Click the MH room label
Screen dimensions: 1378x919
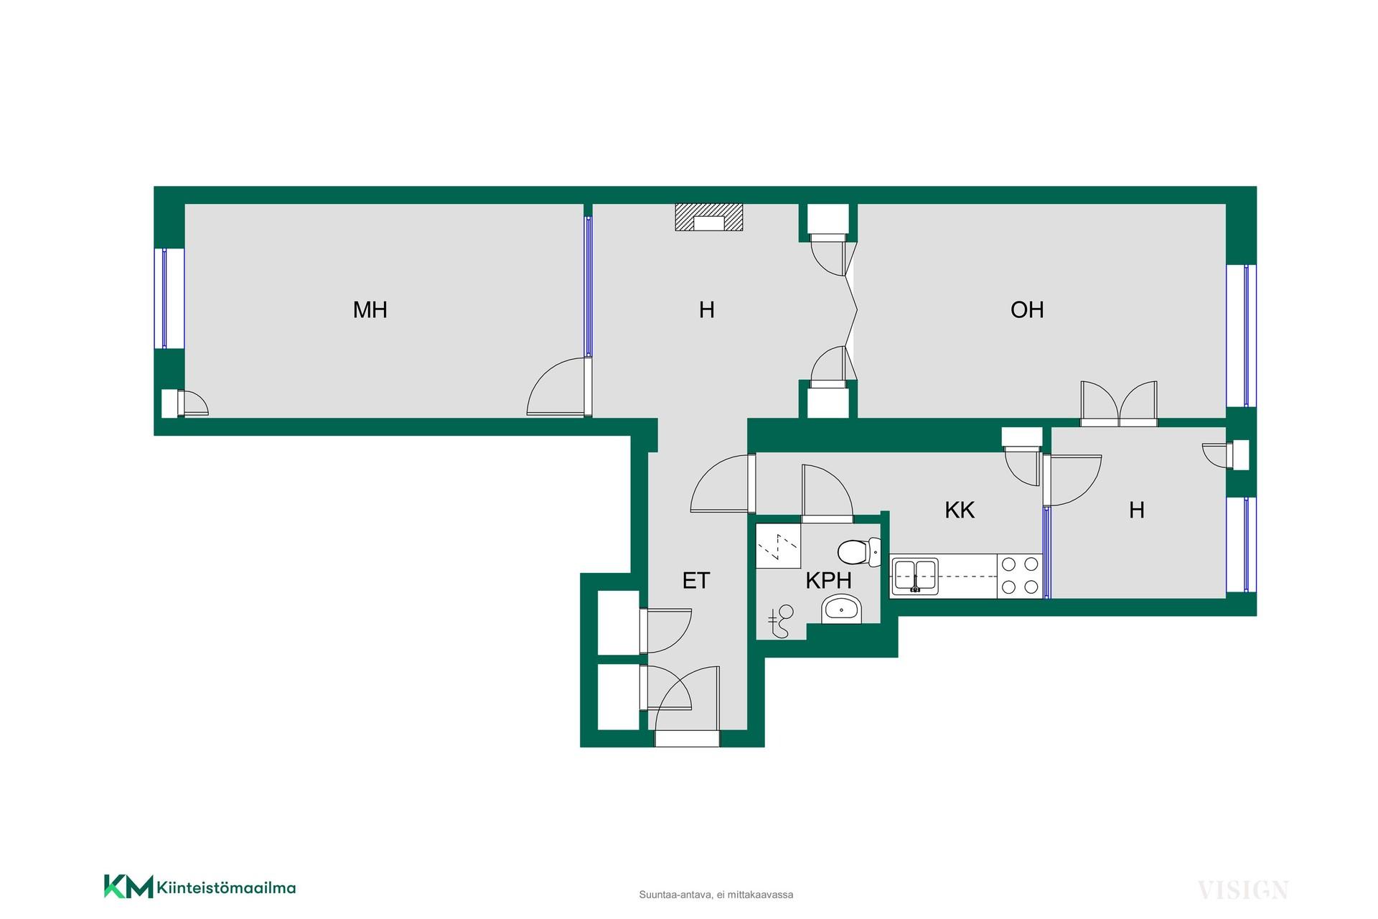370,309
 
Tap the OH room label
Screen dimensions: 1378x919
1026,309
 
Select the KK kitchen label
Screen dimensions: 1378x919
960,510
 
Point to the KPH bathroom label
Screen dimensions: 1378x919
828,580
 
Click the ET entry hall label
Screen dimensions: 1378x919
696,580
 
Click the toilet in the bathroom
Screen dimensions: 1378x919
859,552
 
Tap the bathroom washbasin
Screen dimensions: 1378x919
841,609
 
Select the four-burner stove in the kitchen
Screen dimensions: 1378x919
1019,576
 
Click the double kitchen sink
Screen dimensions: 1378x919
915,575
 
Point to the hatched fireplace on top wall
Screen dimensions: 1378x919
708,218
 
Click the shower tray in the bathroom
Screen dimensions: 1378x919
779,546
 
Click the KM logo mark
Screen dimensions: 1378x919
128,887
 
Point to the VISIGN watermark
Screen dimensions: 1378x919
1243,891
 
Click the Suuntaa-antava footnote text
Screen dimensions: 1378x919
716,895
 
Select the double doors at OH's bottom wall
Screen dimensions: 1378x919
1119,403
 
